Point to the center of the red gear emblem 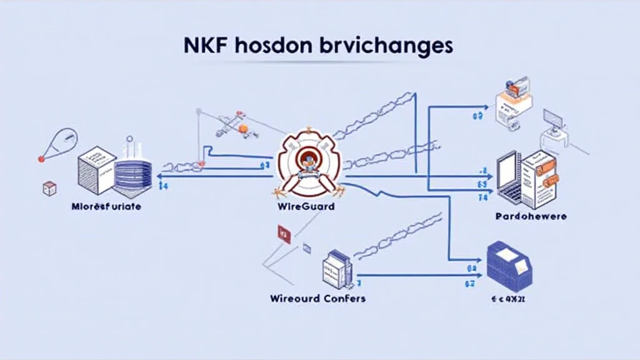click(x=309, y=161)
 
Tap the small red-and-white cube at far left click(x=49, y=188)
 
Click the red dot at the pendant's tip click(x=41, y=159)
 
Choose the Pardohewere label click(x=530, y=216)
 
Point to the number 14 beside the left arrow click(x=162, y=186)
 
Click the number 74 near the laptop click(x=482, y=197)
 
